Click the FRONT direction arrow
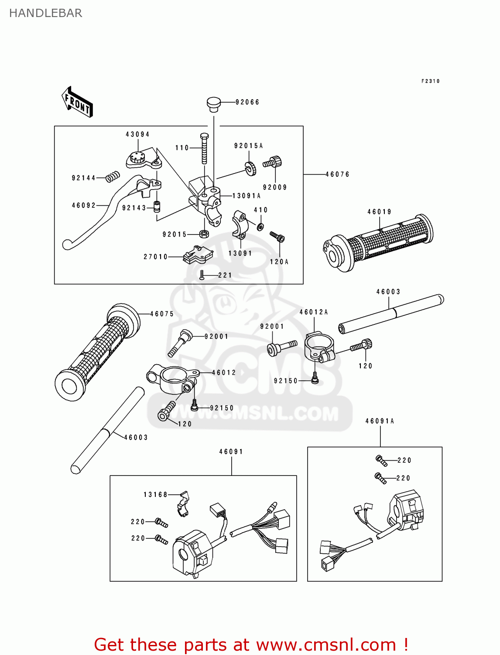pos(77,102)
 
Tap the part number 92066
pos(247,102)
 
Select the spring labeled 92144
pos(113,176)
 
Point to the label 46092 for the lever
pos(83,205)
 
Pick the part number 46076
pos(337,174)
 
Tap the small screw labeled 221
pos(202,275)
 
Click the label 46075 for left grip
pos(162,314)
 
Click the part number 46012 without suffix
pos(224,372)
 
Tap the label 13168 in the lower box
pos(155,495)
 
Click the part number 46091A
pos(380,421)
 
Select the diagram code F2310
pos(430,81)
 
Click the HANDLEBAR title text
pos(46,13)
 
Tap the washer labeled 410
pos(260,227)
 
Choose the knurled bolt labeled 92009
pos(273,162)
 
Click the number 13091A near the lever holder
pos(246,196)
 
